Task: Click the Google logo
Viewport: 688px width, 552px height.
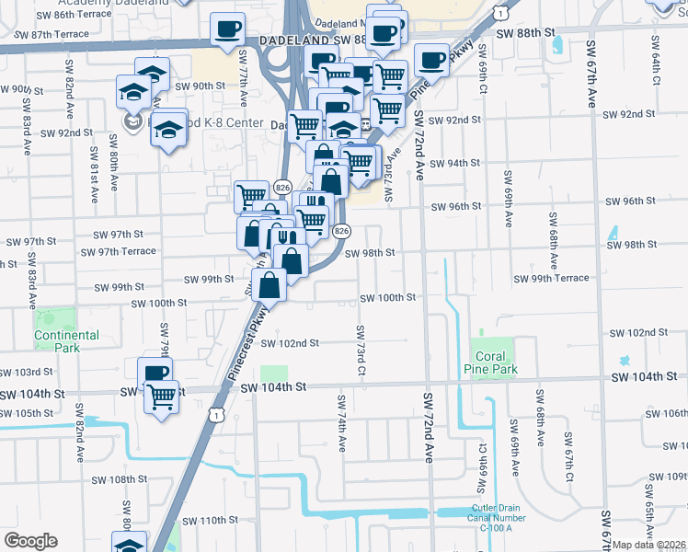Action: point(30,541)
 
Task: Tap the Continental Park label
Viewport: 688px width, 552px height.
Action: point(66,341)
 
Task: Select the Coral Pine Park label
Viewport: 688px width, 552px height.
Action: point(495,362)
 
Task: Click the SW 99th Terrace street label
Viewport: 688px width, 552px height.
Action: point(551,279)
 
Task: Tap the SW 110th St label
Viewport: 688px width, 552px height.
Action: point(208,521)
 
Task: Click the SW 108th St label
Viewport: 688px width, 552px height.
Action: point(120,479)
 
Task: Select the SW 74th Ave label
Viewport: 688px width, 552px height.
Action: point(341,424)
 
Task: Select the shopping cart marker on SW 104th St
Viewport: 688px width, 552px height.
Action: point(162,397)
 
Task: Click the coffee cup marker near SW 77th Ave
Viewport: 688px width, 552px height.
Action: point(227,29)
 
